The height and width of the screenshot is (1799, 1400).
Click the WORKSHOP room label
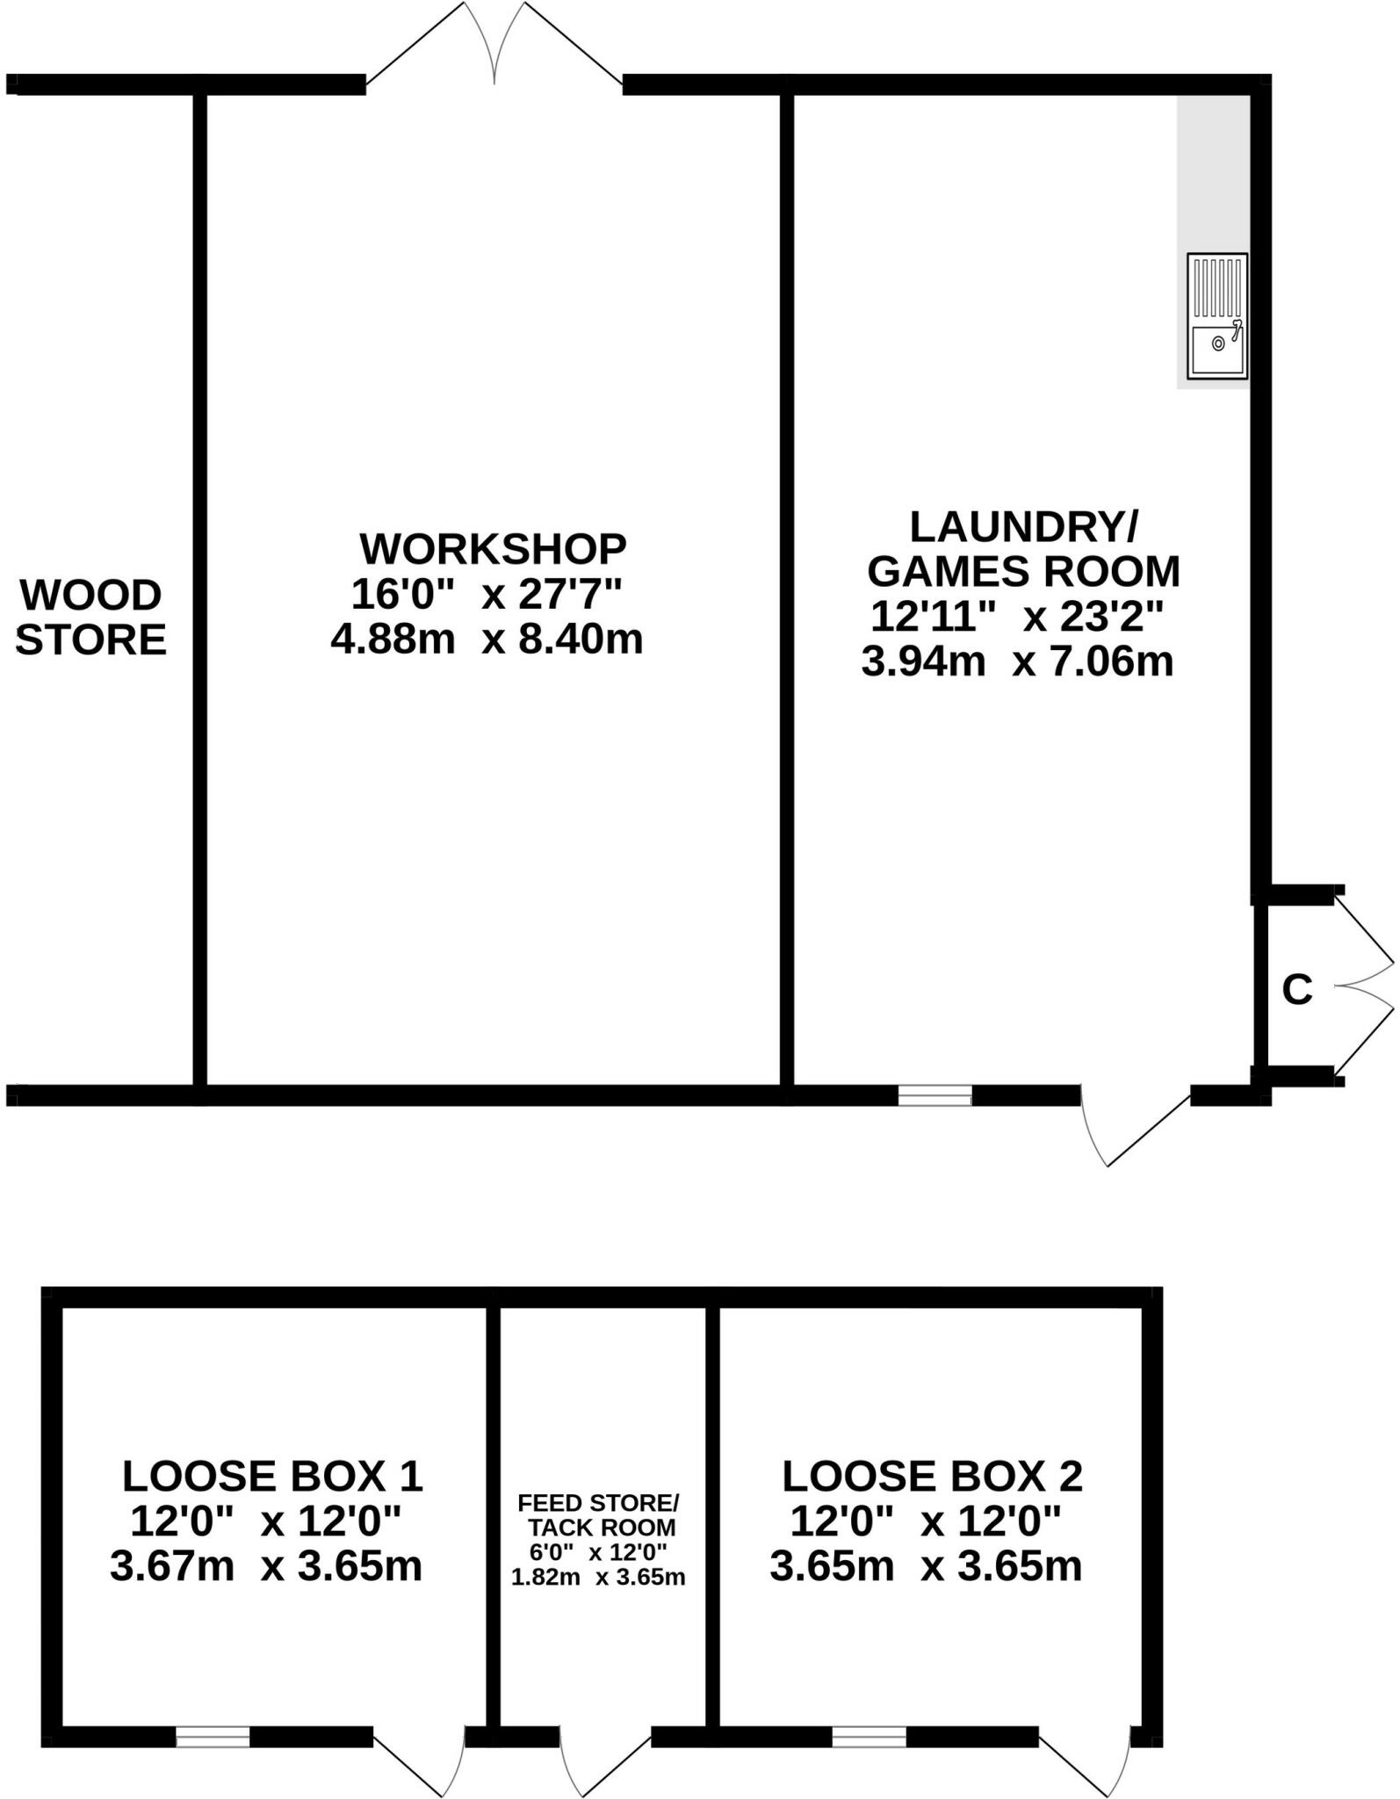pos(493,549)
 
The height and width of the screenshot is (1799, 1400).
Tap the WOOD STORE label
pos(91,618)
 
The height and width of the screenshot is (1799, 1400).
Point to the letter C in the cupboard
pos(1296,990)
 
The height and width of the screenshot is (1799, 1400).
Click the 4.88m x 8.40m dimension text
pos(487,639)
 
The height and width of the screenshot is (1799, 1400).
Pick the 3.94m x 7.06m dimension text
pos(1017,661)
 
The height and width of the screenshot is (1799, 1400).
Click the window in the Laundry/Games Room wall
pos(935,1095)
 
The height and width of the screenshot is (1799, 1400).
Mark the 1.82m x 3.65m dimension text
pos(598,1577)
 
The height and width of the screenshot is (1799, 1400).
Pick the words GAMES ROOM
pos(1023,572)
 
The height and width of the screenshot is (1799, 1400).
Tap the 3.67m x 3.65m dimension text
pos(266,1565)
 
